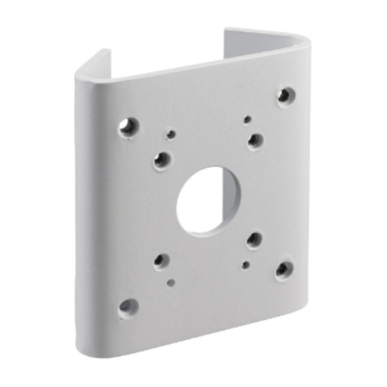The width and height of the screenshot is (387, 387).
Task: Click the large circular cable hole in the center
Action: click(x=208, y=200)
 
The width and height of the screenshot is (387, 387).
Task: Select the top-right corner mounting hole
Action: click(x=286, y=95)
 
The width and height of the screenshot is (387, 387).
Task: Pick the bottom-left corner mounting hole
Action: click(x=128, y=307)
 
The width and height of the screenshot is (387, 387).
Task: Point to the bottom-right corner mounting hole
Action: click(x=284, y=269)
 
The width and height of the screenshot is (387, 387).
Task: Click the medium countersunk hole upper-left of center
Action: click(x=161, y=160)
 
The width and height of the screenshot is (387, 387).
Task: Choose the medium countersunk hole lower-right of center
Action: click(x=254, y=239)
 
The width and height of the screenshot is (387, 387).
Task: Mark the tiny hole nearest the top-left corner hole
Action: click(x=171, y=134)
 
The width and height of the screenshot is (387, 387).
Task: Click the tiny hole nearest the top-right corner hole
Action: click(x=247, y=119)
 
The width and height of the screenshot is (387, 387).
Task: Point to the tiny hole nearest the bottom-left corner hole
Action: click(x=171, y=282)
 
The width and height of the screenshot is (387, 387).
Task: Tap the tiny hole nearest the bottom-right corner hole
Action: click(x=245, y=264)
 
